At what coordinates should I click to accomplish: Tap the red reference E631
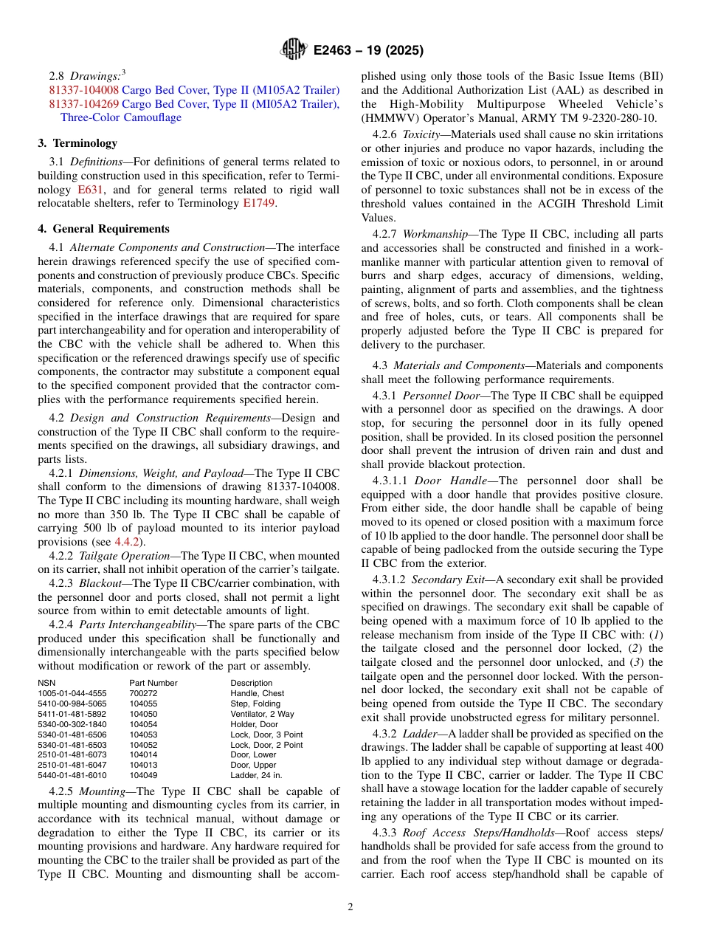click(x=89, y=190)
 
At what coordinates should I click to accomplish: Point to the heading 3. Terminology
click(x=77, y=143)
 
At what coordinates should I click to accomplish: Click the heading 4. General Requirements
click(x=104, y=229)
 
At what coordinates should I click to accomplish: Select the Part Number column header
click(x=153, y=683)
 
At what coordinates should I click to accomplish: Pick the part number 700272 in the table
click(x=143, y=693)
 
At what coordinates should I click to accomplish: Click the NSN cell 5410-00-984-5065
click(x=72, y=704)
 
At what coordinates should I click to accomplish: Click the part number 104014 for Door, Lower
click(x=143, y=754)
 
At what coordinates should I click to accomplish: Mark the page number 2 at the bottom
click(x=350, y=907)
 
